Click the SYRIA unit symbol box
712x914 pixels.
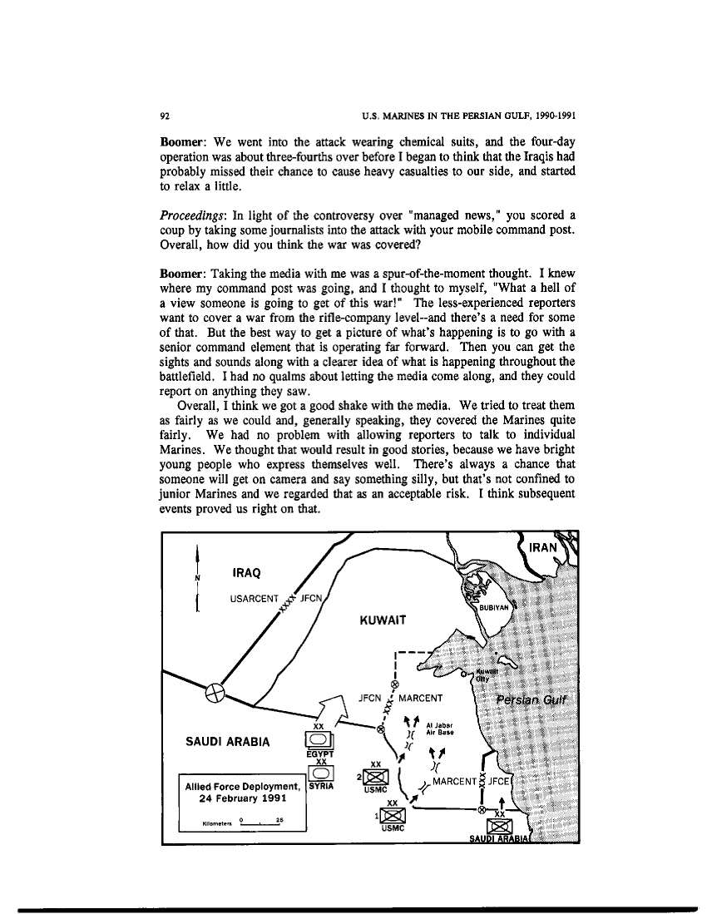pyautogui.click(x=320, y=773)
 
